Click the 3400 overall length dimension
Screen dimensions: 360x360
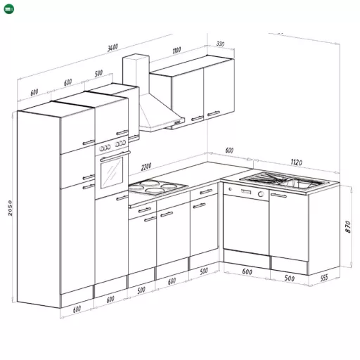[x=112, y=48]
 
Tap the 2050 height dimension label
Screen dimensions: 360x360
[x=10, y=208]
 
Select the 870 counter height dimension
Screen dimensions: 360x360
[x=348, y=227]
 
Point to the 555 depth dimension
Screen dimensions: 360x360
[x=323, y=278]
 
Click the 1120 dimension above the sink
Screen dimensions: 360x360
[x=296, y=162]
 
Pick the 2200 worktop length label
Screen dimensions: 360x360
[x=146, y=167]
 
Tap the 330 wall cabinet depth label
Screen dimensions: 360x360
[x=220, y=44]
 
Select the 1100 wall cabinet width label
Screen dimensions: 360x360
[x=176, y=50]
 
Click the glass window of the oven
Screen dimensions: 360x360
[x=112, y=173]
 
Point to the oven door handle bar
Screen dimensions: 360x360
[x=115, y=156]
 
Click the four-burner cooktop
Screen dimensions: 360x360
[x=158, y=186]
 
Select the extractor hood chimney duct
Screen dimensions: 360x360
[x=136, y=75]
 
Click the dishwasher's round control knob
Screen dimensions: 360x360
[x=261, y=194]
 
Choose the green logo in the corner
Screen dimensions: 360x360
[x=9, y=9]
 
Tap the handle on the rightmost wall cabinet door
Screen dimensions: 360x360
[x=214, y=113]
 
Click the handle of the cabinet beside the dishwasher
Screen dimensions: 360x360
[x=278, y=195]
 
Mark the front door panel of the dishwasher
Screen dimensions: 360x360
[x=246, y=224]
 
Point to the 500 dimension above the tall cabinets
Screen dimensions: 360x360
[x=98, y=73]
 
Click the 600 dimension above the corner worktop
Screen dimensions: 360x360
[x=229, y=150]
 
